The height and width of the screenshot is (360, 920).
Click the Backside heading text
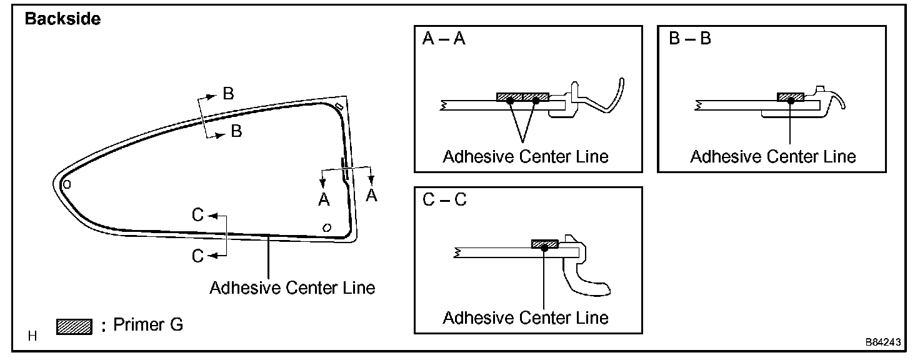(62, 19)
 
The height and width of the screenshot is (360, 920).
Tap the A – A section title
(444, 39)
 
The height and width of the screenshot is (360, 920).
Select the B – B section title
(690, 39)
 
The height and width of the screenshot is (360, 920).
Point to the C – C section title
(444, 201)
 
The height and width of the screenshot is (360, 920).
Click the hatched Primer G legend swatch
(74, 326)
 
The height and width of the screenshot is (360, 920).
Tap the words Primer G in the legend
(148, 324)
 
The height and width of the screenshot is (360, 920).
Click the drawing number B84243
(883, 342)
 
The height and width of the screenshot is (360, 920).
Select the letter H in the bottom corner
(33, 337)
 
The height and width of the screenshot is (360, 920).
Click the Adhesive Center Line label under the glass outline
(292, 287)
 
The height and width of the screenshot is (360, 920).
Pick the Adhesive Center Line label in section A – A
(526, 156)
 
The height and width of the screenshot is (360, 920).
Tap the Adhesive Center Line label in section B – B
(773, 156)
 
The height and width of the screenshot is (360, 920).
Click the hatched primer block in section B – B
(790, 97)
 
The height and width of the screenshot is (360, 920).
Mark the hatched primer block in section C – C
(544, 243)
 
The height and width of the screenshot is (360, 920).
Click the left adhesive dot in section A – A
(510, 100)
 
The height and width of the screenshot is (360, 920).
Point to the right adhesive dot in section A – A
(536, 100)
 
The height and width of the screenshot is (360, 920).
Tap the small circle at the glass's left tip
(67, 184)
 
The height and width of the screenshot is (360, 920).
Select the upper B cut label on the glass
(228, 94)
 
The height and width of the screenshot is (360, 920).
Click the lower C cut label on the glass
(198, 256)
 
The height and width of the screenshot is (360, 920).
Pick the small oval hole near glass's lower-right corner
(326, 227)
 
